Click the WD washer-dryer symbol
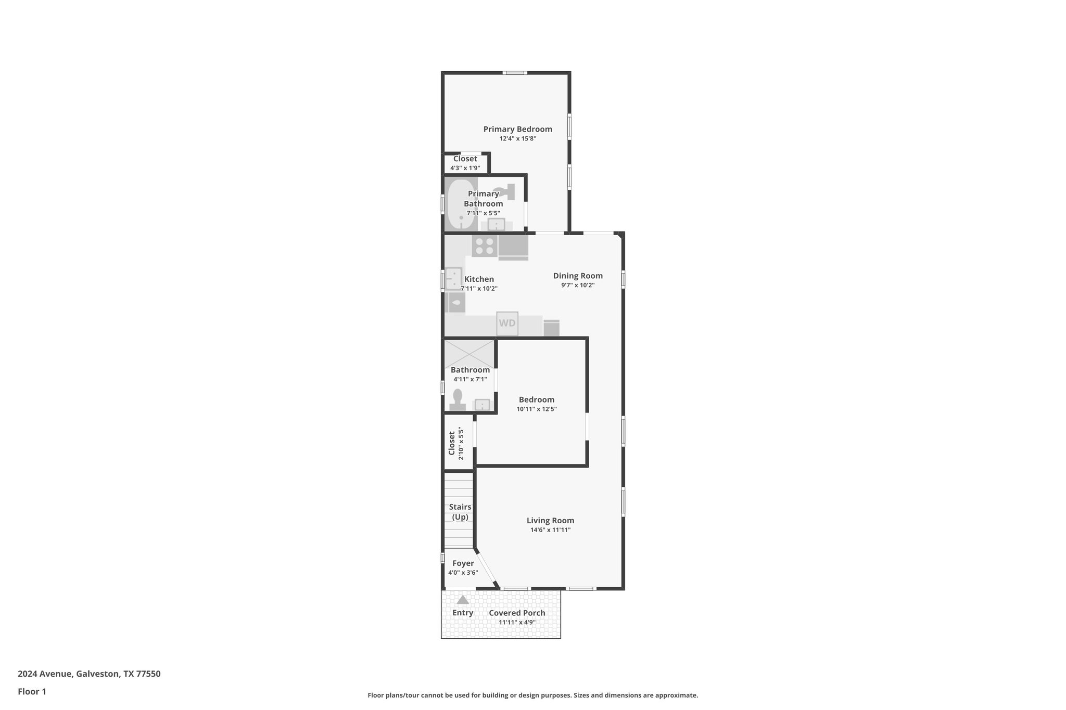pos(507,323)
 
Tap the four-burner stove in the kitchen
pos(485,246)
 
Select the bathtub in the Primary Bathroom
pos(461,204)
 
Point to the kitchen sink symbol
pos(454,278)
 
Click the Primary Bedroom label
pos(517,129)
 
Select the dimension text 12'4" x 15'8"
pos(517,139)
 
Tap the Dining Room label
pos(578,276)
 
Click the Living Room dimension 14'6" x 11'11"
pos(550,530)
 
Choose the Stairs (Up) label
pos(460,512)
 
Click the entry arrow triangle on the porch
pos(462,600)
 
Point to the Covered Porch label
pos(517,613)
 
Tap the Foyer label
pos(463,563)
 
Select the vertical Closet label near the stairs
pos(452,443)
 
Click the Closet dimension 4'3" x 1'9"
pos(465,168)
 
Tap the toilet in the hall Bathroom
pos(458,400)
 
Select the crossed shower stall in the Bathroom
pos(469,354)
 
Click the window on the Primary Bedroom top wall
pos(514,73)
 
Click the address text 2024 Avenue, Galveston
pos(89,674)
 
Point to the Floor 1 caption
pos(32,691)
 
